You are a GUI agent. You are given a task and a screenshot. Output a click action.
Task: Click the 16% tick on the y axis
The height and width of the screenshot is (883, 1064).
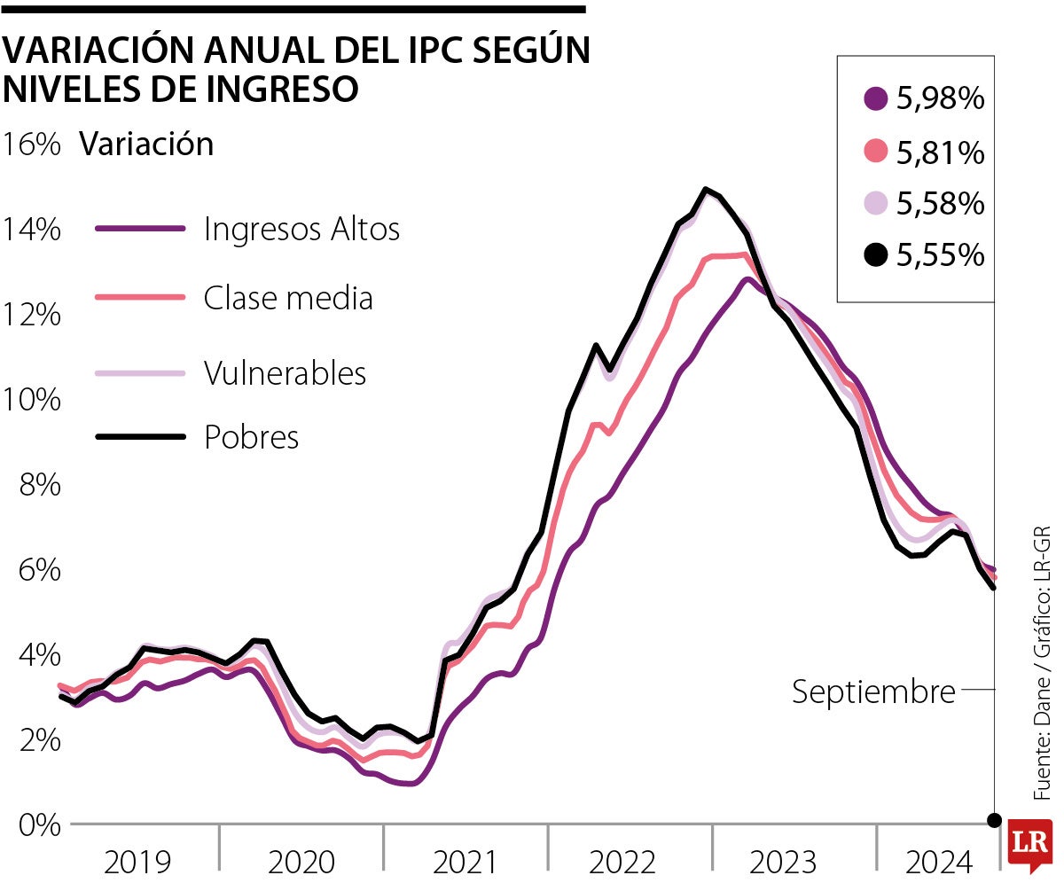tap(31, 145)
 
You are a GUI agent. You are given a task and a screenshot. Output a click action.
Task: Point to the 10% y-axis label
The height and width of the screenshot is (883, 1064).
tap(31, 400)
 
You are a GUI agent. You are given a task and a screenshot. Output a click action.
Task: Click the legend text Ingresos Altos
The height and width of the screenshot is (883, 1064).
tap(301, 229)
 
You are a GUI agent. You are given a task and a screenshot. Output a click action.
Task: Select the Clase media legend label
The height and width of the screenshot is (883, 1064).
tap(288, 298)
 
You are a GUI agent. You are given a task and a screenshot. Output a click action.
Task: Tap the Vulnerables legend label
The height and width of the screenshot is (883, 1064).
tap(285, 372)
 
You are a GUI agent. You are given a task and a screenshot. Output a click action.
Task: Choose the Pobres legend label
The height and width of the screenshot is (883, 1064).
tap(251, 437)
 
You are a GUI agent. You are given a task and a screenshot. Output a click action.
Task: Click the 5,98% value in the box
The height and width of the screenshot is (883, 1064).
tap(941, 99)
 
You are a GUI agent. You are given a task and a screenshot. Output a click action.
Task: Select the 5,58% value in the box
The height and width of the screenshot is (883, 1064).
tap(941, 204)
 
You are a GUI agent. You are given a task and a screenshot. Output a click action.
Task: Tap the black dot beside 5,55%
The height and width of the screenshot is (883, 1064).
tap(876, 256)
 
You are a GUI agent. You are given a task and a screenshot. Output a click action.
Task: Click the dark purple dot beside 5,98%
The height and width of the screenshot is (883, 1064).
tap(876, 99)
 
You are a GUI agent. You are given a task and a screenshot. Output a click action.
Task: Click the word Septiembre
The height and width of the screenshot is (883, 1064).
tap(873, 692)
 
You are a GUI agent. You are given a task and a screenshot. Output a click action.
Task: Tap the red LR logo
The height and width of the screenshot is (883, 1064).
tap(1031, 846)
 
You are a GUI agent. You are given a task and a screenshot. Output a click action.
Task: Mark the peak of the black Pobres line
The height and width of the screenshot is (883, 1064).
tap(706, 189)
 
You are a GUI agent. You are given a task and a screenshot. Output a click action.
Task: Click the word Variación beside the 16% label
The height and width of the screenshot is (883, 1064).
tap(146, 145)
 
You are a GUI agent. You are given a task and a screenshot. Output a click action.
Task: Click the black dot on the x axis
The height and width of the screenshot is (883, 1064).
tap(995, 819)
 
